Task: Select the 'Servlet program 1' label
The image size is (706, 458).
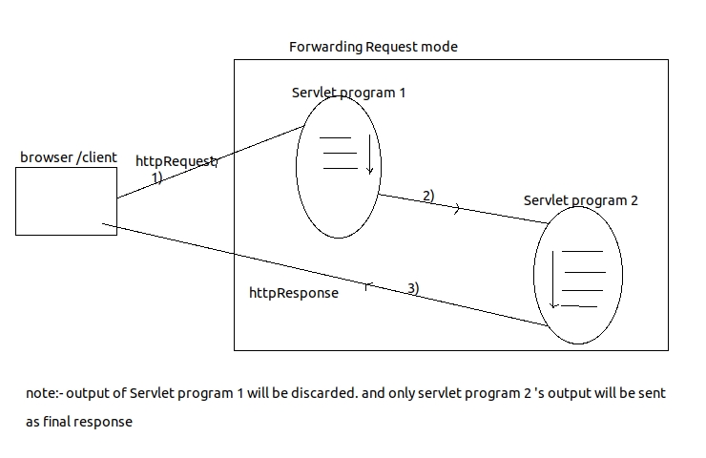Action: [348, 93]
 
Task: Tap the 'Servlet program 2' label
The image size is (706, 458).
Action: [580, 200]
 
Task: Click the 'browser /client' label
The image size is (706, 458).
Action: [68, 156]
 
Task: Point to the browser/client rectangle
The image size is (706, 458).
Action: [66, 200]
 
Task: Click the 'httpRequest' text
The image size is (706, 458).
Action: [176, 161]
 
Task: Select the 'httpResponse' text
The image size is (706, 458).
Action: [293, 293]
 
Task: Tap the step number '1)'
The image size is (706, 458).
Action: [156, 177]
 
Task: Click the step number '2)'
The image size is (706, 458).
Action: [428, 196]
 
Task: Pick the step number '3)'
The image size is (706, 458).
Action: [413, 287]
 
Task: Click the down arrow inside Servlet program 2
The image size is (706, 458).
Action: [553, 278]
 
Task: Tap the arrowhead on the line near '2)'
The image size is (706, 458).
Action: [456, 209]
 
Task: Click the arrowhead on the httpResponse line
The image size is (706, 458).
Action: [368, 284]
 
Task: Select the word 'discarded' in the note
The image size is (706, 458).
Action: [329, 393]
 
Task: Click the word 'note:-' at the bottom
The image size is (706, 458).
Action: [44, 393]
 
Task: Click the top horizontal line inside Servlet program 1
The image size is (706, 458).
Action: [339, 138]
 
